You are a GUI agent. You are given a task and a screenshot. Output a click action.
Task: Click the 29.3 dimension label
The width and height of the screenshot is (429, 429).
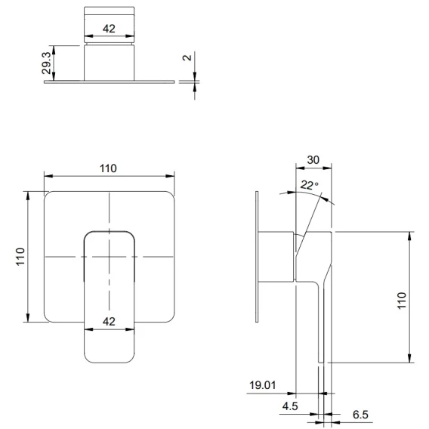coord(47,63)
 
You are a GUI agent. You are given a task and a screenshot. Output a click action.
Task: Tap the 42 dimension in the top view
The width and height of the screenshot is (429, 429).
coord(109,29)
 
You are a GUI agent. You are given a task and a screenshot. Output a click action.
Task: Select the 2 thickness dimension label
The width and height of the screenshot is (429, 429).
coord(187,57)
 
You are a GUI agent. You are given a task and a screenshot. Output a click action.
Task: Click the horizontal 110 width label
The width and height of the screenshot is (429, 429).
coord(108,168)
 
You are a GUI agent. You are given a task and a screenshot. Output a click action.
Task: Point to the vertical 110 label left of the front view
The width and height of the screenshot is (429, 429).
coord(20,256)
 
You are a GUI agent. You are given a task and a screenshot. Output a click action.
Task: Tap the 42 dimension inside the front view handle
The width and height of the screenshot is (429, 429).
coord(109,321)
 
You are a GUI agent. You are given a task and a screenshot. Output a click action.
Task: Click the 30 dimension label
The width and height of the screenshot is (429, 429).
coord(313,160)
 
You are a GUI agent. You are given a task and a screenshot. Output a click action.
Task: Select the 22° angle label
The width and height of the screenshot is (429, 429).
coord(310,185)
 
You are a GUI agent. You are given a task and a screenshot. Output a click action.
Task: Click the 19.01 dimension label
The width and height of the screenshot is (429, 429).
coord(263,385)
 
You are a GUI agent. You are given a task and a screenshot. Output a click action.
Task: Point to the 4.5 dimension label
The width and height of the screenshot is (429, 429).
coord(290,406)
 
